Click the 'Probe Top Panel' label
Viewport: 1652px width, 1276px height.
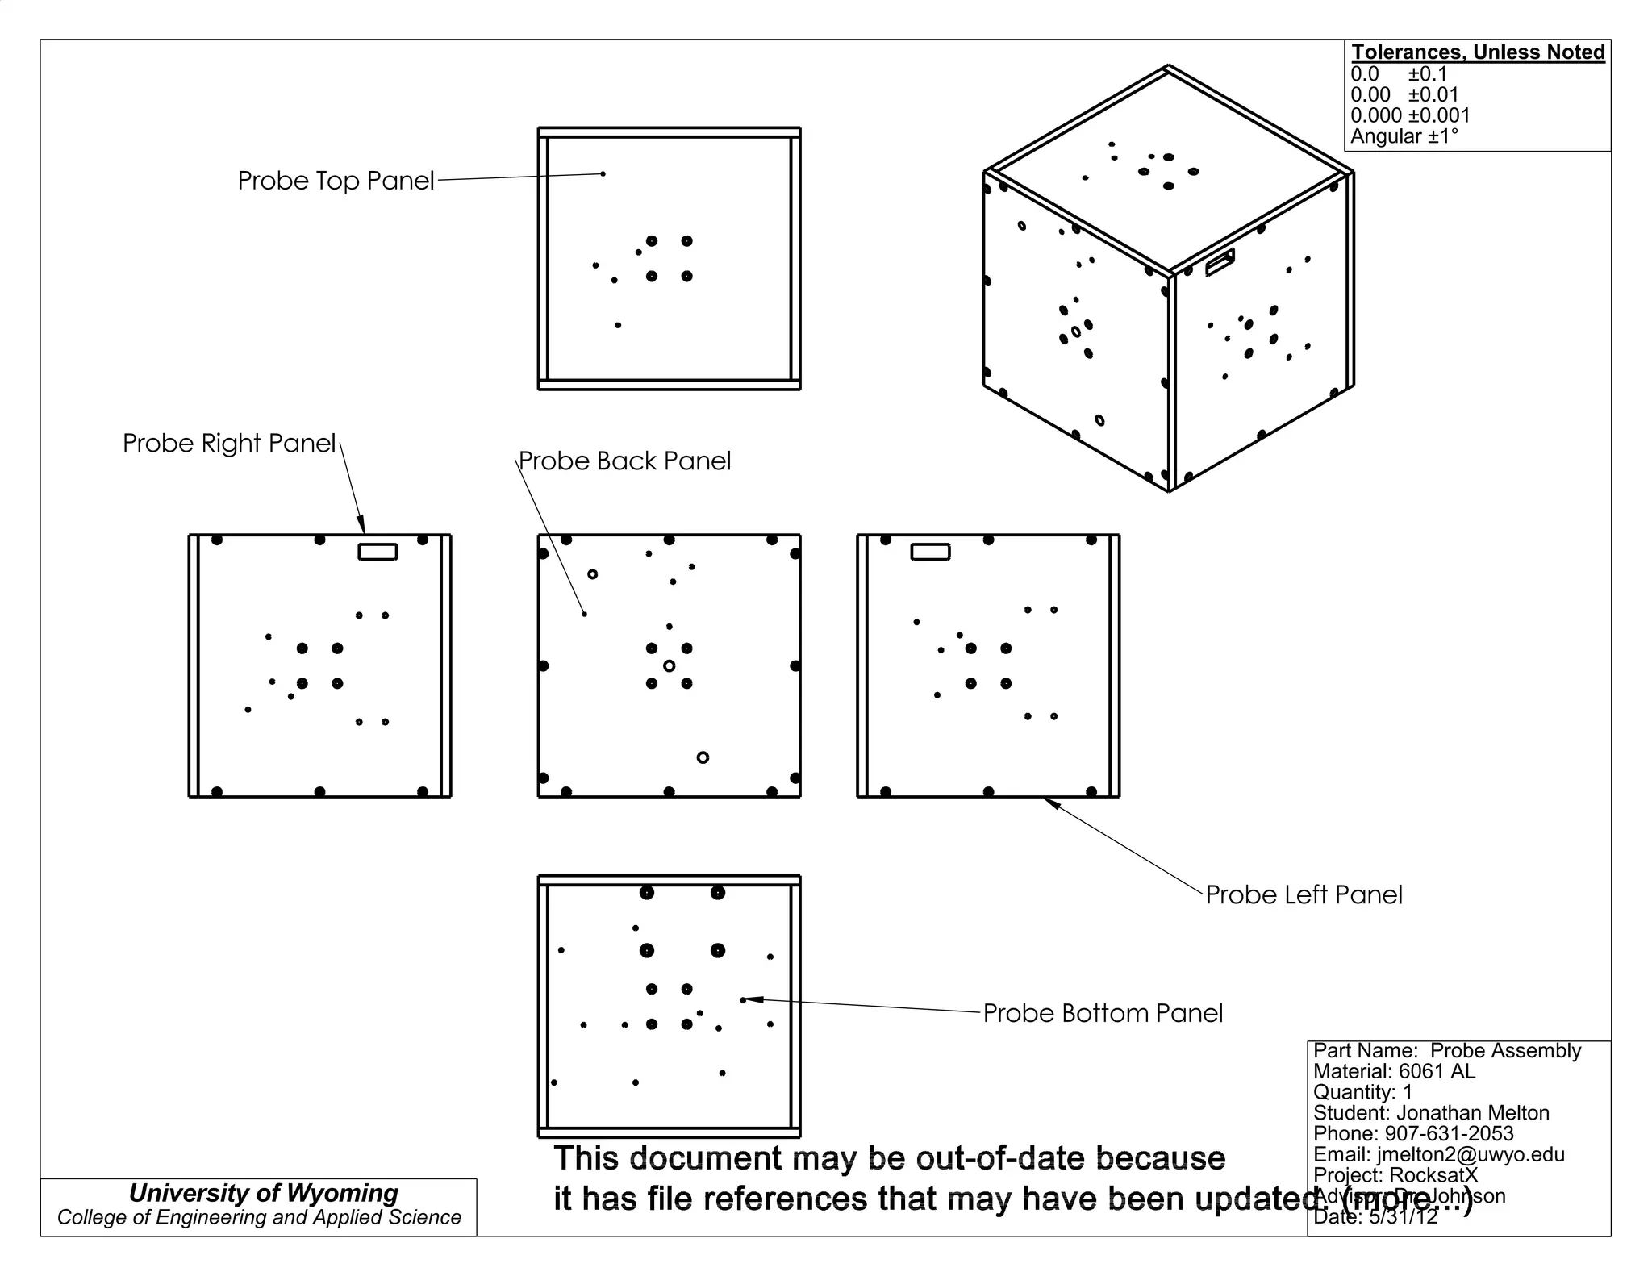(336, 181)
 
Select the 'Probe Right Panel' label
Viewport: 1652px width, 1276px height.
(229, 444)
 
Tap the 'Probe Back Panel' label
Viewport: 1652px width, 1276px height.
(624, 461)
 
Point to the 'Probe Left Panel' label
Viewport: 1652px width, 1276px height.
(1304, 895)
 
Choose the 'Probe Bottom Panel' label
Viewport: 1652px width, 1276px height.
(1103, 1014)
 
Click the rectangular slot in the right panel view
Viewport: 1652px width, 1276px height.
(378, 552)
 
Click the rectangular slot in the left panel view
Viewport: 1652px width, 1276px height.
(930, 552)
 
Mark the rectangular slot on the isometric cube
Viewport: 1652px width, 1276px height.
(1220, 262)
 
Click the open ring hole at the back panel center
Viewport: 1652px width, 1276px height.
(669, 666)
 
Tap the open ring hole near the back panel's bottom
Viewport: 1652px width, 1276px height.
(703, 757)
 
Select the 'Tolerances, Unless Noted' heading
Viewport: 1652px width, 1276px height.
(1478, 52)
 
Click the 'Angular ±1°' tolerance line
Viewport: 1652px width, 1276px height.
(1404, 136)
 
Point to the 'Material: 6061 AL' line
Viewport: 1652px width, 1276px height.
(1394, 1072)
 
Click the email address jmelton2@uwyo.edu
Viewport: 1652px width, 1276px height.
(1471, 1154)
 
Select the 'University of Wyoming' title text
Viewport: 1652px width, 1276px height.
(264, 1193)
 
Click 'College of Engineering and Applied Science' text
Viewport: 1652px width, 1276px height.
(259, 1218)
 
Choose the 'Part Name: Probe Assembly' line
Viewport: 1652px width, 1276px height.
(1447, 1051)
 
